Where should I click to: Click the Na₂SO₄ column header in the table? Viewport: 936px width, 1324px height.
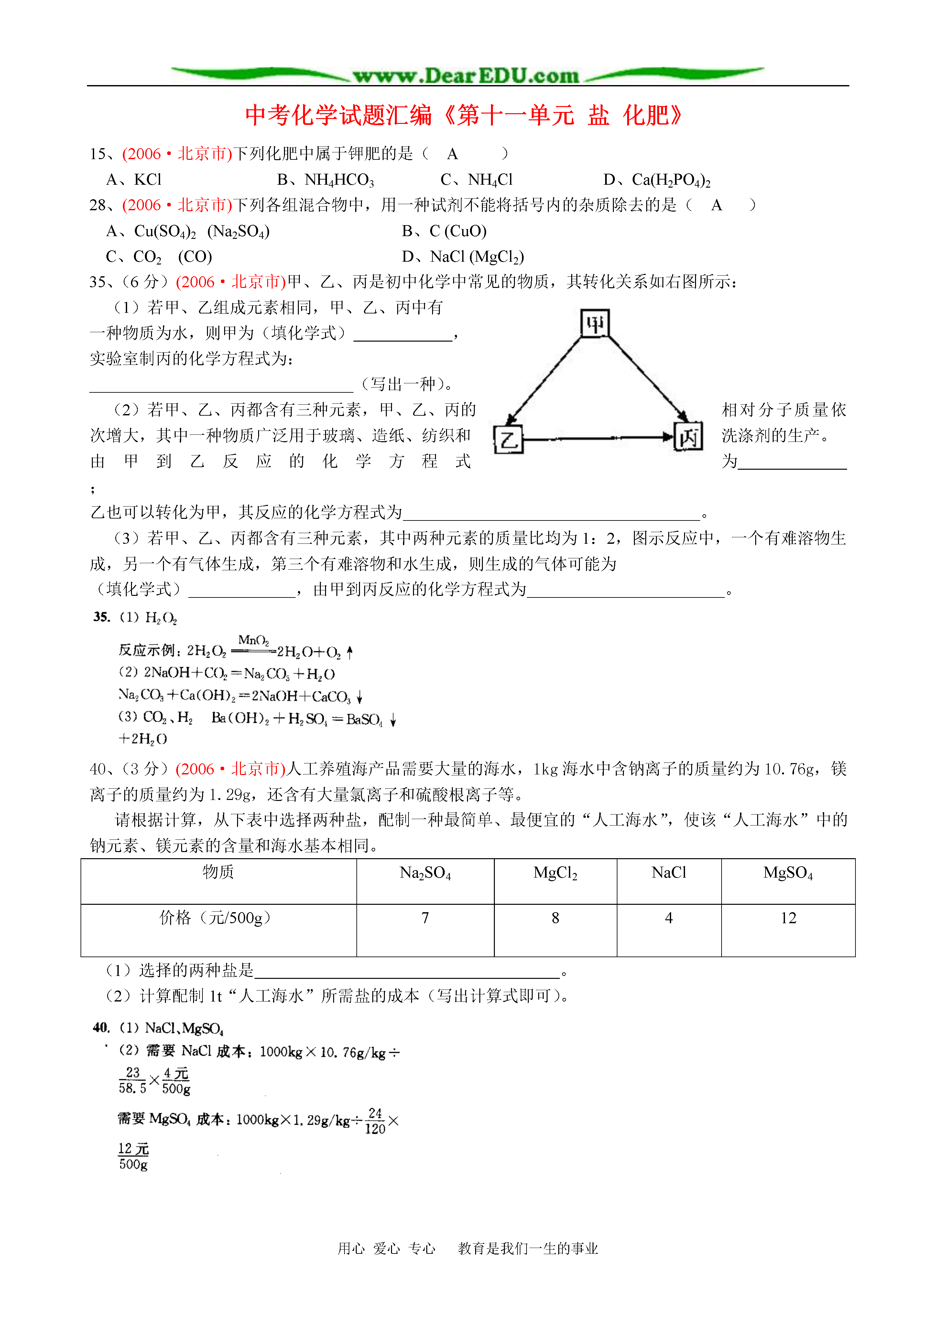point(425,873)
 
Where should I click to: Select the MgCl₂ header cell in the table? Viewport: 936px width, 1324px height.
point(555,873)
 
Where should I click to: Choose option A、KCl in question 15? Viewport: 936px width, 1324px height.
point(134,180)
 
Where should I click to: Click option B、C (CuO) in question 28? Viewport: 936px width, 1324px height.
point(444,231)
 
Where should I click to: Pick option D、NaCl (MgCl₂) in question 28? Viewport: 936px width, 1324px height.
point(463,257)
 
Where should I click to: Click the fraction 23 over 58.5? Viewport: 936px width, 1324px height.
point(133,1080)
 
